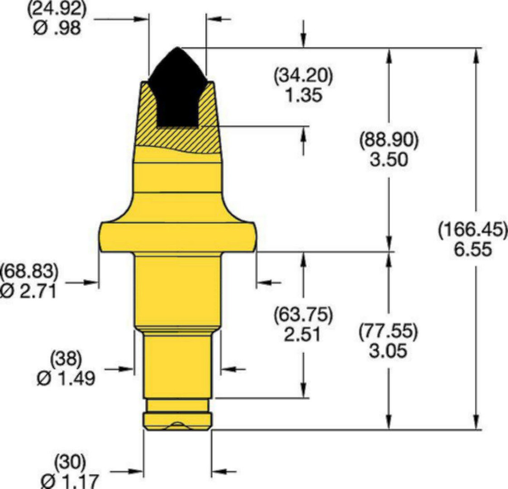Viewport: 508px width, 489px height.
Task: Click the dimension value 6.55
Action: (473, 250)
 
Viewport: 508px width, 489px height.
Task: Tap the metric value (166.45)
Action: (473, 230)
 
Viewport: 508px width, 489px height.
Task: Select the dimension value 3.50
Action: (389, 160)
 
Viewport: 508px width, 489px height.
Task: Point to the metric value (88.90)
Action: (389, 140)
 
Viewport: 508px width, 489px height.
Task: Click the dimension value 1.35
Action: (304, 96)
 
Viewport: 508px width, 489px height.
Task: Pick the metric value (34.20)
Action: (303, 76)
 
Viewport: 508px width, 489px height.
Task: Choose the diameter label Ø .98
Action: (57, 28)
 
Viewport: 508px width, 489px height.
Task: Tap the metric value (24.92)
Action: (57, 10)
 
